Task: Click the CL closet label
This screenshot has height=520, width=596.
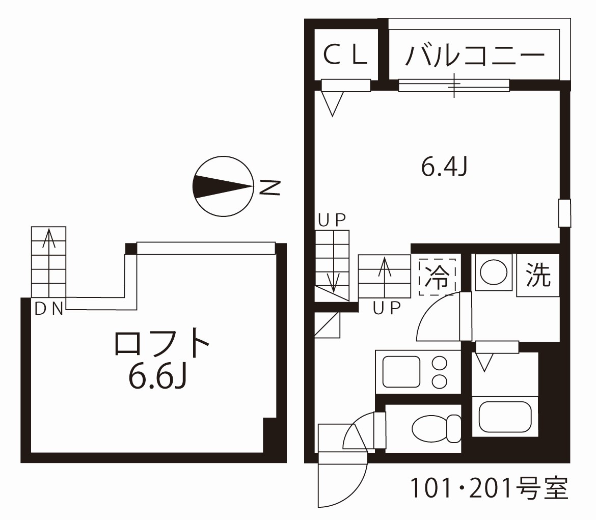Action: pos(346,55)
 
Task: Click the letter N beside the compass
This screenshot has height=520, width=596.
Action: pos(270,187)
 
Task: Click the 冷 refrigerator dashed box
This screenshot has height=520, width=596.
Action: pos(437,278)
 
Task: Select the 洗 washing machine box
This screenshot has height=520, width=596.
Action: pos(538,276)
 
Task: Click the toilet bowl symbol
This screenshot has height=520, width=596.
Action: pos(436,428)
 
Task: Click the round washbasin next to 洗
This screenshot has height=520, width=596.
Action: pos(493,273)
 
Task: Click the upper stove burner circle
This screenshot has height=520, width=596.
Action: pos(439,364)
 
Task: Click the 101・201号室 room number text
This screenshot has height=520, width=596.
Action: pos(489,489)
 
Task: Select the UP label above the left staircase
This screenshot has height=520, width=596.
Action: pos(332,220)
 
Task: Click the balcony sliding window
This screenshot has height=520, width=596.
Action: pos(453,85)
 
